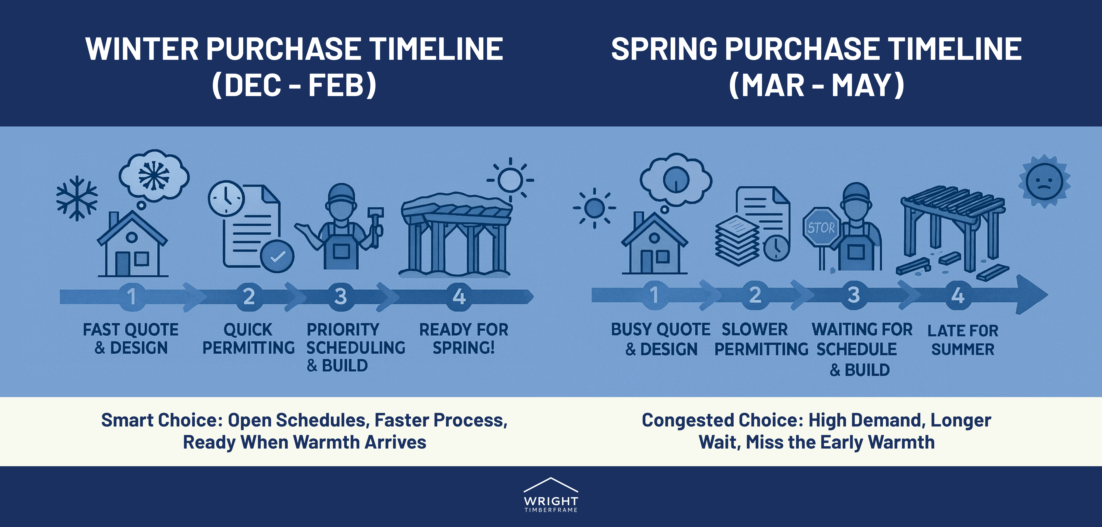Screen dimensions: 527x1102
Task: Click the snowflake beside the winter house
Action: (77, 198)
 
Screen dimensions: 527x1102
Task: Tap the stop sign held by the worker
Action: (821, 227)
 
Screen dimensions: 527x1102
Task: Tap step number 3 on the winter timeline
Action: (340, 296)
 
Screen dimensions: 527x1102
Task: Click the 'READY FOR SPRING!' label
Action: (464, 338)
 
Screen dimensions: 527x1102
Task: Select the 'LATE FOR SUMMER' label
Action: (963, 340)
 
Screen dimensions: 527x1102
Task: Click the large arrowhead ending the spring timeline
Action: (1031, 295)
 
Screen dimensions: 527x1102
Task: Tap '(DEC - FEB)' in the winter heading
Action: (294, 85)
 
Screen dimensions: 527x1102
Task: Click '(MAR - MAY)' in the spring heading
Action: (816, 85)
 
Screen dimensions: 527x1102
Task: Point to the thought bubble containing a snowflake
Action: (154, 176)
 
